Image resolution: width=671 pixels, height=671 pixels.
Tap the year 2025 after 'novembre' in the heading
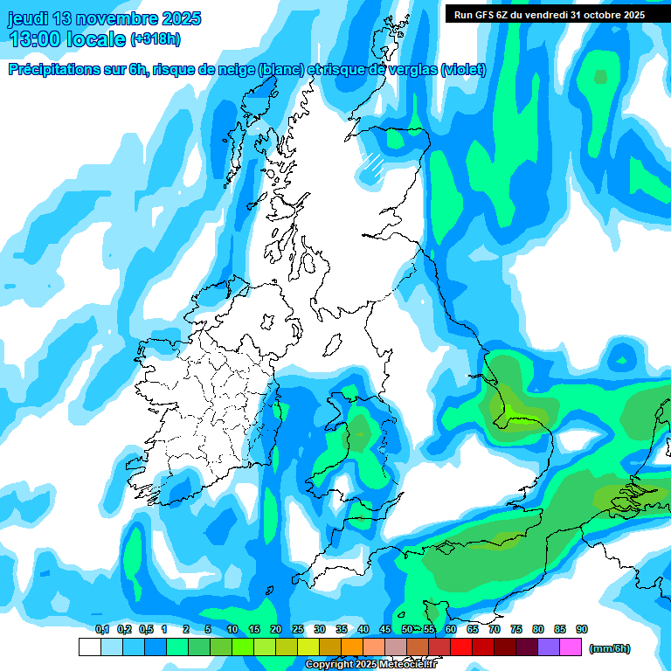tap(179, 18)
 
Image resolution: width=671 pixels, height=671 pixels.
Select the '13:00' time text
tap(35, 39)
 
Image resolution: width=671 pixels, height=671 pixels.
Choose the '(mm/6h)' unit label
tap(610, 648)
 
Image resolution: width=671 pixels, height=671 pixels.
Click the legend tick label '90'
tap(582, 629)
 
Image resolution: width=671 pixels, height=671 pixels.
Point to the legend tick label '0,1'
tap(101, 629)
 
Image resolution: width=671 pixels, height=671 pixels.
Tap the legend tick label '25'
tap(297, 629)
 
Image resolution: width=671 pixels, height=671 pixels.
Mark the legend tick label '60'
tap(450, 629)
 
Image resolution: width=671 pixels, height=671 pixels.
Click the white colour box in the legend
tap(89, 647)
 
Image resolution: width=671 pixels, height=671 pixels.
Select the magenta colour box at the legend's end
tap(571, 647)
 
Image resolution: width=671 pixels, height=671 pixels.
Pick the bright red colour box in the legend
tap(460, 647)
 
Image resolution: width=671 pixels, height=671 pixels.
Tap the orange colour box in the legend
tap(351, 647)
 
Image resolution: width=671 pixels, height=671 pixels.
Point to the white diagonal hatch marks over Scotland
tap(375, 163)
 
